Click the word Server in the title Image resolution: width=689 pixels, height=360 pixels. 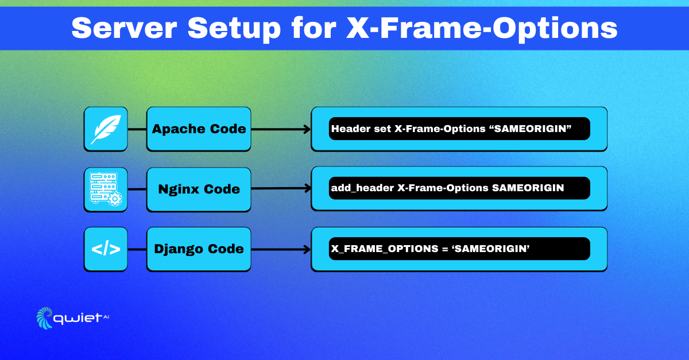coord(124,28)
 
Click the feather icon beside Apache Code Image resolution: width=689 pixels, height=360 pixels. coord(106,129)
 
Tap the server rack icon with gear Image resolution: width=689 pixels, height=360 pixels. coord(106,189)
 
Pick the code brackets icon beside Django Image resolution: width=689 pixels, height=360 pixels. coord(106,249)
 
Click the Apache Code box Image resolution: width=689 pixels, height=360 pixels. coord(199,129)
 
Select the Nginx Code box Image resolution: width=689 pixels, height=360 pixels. coord(199,189)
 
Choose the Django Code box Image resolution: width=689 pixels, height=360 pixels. coord(199,249)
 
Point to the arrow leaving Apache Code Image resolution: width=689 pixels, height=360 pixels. coord(281,129)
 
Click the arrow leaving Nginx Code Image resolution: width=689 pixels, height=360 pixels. coord(281,188)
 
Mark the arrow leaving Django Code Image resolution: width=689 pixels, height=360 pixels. coord(281,249)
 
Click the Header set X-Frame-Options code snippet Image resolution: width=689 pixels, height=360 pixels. coord(459,129)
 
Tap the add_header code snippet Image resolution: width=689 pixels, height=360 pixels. coord(459,188)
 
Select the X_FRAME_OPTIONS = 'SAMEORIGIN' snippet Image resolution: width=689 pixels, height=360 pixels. coord(459,249)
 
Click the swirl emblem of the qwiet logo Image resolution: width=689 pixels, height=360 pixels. coord(45,318)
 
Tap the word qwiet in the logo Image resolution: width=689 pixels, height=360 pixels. coord(78,319)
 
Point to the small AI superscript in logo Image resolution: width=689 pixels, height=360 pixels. coord(106,316)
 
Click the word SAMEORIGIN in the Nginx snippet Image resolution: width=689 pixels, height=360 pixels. coord(528,188)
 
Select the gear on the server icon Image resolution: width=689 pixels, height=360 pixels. coord(115,199)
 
